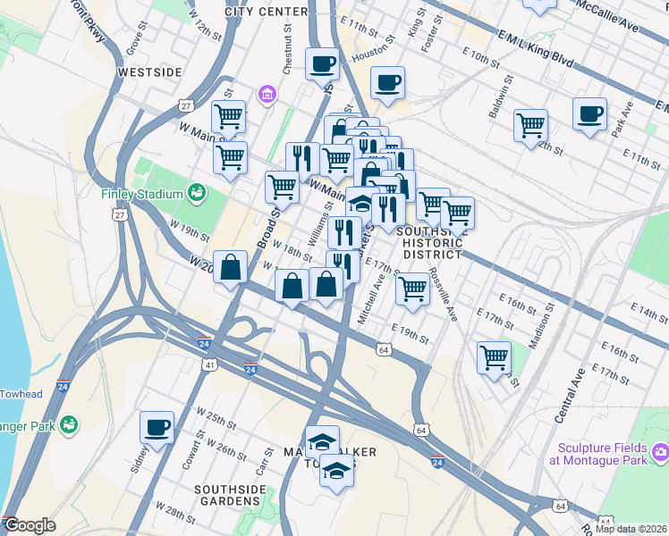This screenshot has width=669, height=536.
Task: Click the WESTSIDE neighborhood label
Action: [149, 71]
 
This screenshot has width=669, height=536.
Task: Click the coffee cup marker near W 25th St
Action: [157, 427]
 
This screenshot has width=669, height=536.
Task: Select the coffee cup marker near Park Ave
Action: [589, 114]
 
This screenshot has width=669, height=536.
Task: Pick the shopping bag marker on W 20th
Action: [230, 266]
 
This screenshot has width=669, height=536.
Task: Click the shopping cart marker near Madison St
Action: [494, 357]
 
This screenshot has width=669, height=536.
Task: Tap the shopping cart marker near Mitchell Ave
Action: [411, 289]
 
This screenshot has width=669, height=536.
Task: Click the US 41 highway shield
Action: [208, 364]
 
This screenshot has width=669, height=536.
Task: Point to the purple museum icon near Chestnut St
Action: [266, 94]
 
